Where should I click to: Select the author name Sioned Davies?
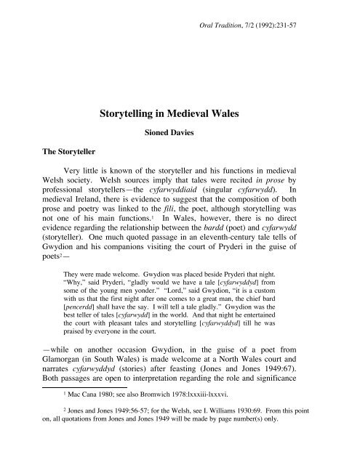click(x=180, y=134)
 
